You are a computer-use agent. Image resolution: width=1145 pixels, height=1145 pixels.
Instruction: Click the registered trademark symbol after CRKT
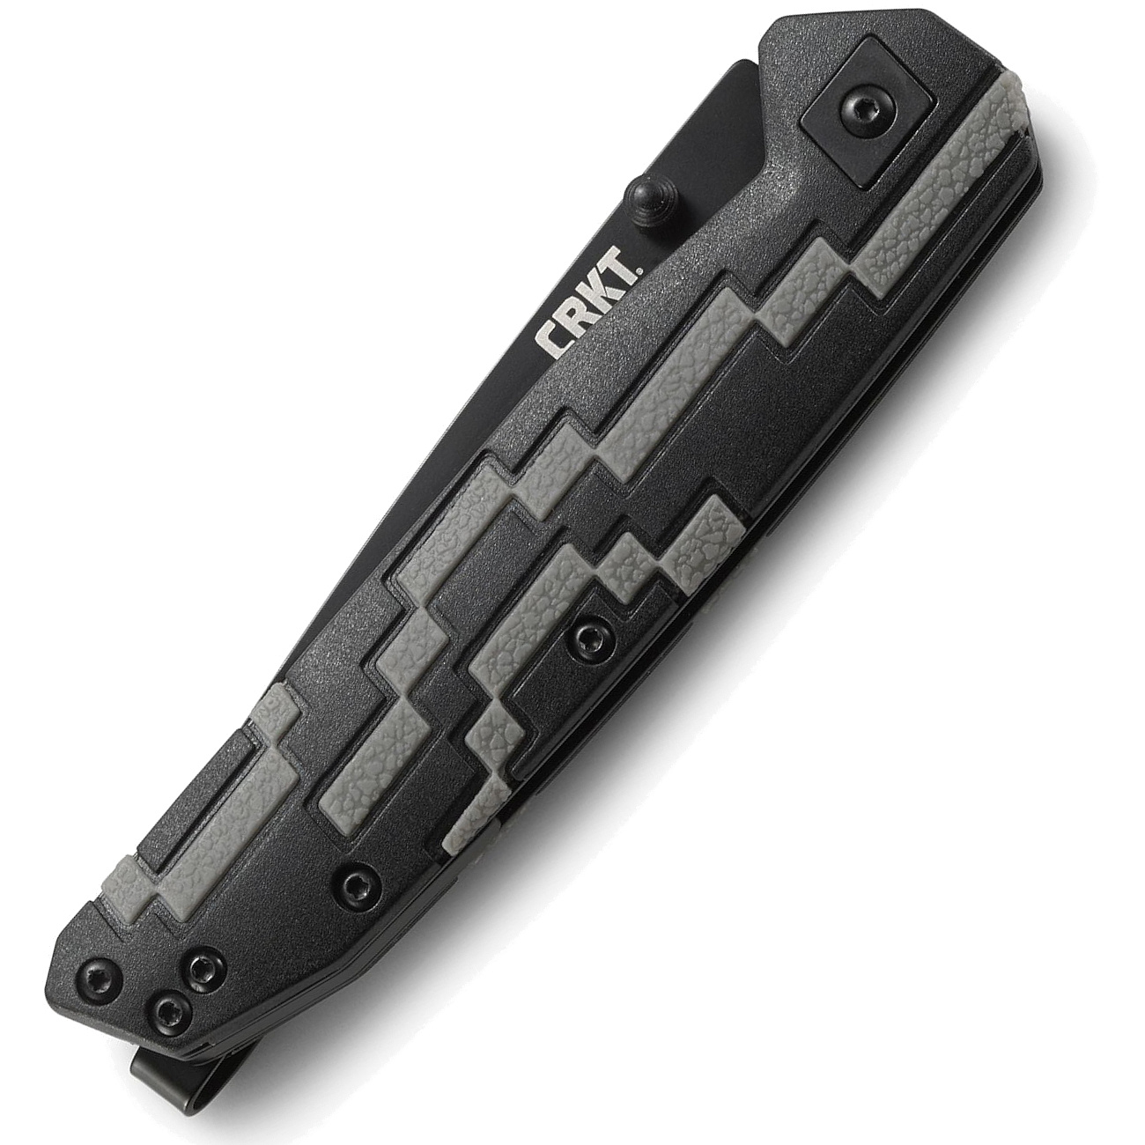click(x=638, y=272)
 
